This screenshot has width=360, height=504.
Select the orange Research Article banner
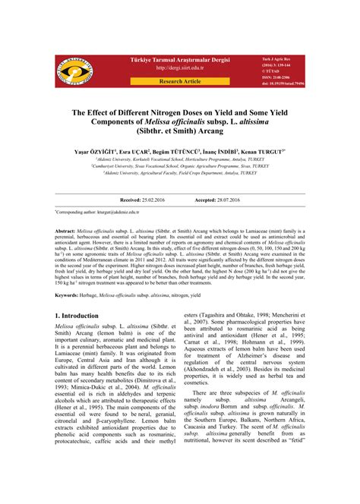pos(179,80)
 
